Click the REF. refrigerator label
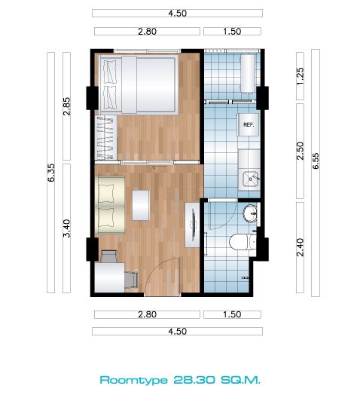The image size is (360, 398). (x=249, y=124)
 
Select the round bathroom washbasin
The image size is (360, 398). (x=251, y=213)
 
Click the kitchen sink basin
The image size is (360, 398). (x=250, y=179)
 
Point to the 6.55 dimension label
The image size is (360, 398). (x=316, y=161)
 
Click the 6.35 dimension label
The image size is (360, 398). (x=51, y=173)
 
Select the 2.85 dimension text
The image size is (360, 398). (x=66, y=106)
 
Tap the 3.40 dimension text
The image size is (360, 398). (x=66, y=228)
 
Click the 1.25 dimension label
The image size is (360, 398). (x=300, y=76)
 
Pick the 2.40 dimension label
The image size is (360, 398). (x=300, y=247)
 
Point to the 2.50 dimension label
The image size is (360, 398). (x=300, y=151)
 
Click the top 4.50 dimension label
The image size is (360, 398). (x=178, y=14)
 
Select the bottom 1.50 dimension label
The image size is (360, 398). (x=232, y=314)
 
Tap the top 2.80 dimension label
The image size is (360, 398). (x=147, y=32)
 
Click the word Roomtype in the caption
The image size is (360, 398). (x=134, y=380)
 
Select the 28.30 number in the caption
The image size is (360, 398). (x=194, y=380)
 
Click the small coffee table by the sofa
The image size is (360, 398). (x=141, y=206)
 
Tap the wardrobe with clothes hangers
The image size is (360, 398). (x=106, y=138)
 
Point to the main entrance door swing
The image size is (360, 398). (x=162, y=277)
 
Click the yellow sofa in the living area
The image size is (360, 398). (x=110, y=205)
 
